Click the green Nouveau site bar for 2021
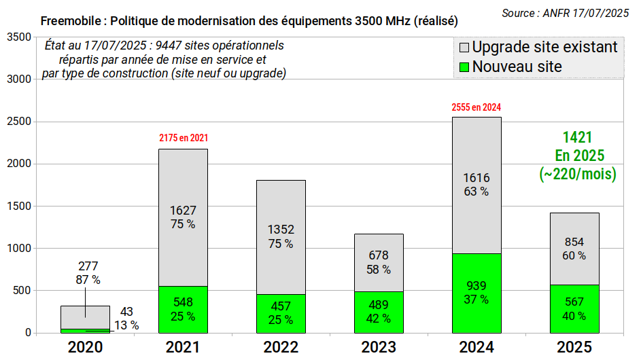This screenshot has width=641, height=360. click(x=183, y=309)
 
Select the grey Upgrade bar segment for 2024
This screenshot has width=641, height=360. click(x=477, y=185)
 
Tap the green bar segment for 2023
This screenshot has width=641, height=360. click(x=379, y=312)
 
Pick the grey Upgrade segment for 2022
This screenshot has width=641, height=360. click(x=281, y=237)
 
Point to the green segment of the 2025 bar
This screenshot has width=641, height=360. click(x=575, y=309)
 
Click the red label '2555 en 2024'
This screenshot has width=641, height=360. click(x=477, y=107)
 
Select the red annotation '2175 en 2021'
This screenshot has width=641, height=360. click(x=184, y=138)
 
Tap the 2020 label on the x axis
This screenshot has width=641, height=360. click(x=85, y=347)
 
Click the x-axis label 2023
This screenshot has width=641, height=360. click(x=379, y=347)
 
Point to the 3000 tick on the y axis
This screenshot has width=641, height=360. click(x=19, y=79)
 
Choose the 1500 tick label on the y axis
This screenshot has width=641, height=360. click(x=19, y=206)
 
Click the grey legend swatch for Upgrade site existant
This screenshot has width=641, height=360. click(x=464, y=48)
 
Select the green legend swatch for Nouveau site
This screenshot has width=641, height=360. click(x=464, y=67)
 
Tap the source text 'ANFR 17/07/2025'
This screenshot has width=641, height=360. click(x=586, y=14)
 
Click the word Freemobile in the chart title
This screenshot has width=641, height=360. click(x=71, y=21)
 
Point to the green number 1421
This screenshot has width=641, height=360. click(x=577, y=137)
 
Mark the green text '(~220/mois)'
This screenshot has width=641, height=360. click(x=578, y=174)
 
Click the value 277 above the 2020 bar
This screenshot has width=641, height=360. click(x=88, y=266)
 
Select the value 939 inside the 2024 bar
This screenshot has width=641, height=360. click(x=477, y=286)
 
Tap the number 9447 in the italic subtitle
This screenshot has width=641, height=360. click(x=169, y=46)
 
